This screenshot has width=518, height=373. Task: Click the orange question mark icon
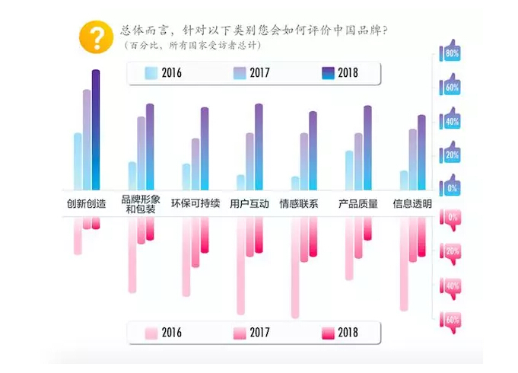click(x=97, y=36)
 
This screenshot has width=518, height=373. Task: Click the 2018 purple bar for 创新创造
click(x=96, y=129)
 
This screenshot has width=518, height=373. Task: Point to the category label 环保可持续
click(x=195, y=204)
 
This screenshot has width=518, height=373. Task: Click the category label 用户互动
click(x=249, y=204)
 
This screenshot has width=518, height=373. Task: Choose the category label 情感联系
click(x=299, y=204)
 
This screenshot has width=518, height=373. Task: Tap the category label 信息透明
click(x=412, y=204)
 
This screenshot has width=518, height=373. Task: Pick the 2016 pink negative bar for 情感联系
click(x=295, y=266)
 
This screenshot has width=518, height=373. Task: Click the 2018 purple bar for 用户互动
click(x=259, y=147)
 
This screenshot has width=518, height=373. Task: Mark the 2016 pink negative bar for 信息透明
click(x=404, y=263)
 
